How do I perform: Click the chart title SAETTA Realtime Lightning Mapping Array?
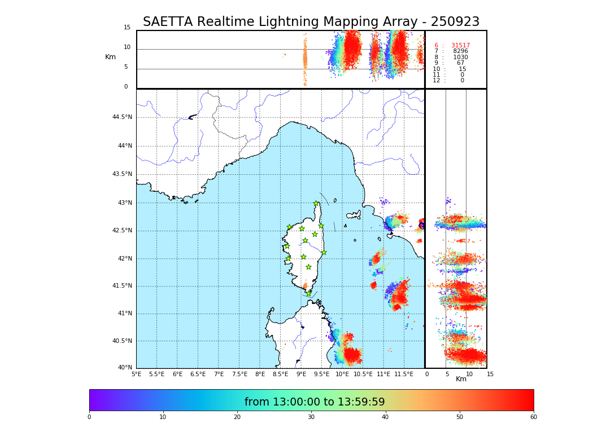tap(311, 22)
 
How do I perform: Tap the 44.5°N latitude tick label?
tap(122, 117)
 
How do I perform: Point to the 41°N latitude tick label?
tap(124, 314)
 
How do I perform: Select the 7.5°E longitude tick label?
tap(239, 374)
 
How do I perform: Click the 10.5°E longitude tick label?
tap(363, 374)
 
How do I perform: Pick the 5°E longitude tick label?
tap(136, 374)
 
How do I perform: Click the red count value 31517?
tap(460, 46)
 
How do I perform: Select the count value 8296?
tap(460, 51)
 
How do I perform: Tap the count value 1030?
tap(460, 58)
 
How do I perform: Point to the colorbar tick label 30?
tap(311, 417)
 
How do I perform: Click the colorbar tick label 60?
tap(533, 417)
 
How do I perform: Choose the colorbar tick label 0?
tap(89, 417)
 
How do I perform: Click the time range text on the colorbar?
tap(315, 402)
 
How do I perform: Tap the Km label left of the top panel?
tap(110, 57)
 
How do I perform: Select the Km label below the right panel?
tap(461, 379)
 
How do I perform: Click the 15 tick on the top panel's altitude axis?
tap(127, 28)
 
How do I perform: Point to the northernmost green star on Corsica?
tap(316, 204)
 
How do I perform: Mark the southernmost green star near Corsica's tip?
tap(308, 293)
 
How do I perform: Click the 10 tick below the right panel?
tap(468, 374)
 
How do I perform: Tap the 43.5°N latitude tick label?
tap(122, 174)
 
